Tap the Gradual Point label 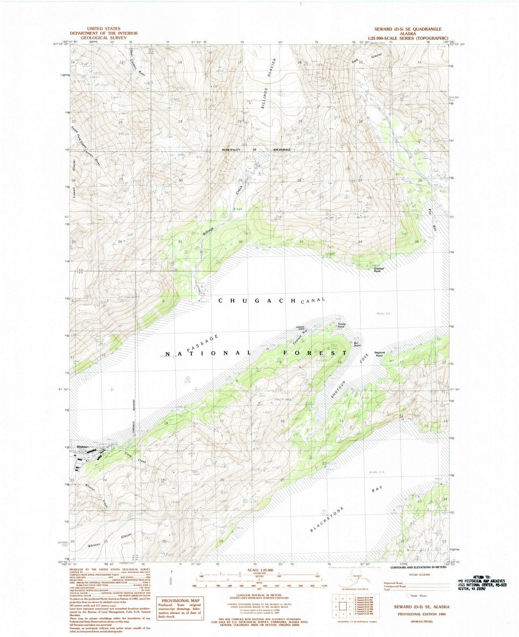[379, 270]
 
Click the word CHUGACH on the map [257, 301]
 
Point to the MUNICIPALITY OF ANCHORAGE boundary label [256, 150]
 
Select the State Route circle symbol [408, 596]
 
